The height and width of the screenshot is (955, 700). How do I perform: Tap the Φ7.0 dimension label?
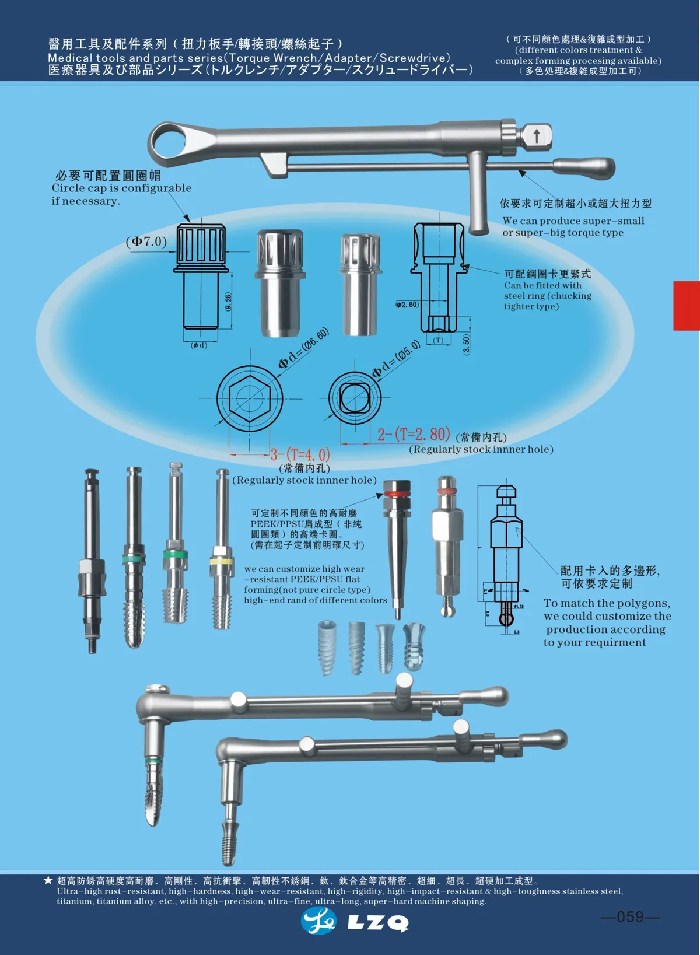(x=146, y=242)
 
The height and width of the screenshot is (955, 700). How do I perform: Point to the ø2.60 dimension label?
(x=407, y=305)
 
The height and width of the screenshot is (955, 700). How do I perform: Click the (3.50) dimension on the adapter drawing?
(x=466, y=344)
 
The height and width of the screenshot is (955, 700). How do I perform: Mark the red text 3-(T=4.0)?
(x=300, y=454)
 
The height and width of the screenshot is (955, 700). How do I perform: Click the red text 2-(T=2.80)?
(x=414, y=435)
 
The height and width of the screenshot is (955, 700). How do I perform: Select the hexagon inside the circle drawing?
(x=250, y=400)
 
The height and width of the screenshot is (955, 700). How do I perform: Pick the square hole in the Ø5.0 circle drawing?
(x=353, y=398)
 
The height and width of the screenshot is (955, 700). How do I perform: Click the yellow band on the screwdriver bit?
(x=222, y=561)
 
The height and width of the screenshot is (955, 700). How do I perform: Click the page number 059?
(x=629, y=916)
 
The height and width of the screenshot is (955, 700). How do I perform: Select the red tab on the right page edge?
(x=687, y=306)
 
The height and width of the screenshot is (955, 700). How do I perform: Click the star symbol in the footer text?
(x=48, y=880)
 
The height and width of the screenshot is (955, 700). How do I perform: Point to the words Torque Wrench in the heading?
(x=272, y=58)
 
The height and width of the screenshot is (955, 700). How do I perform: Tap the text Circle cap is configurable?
(x=121, y=188)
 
